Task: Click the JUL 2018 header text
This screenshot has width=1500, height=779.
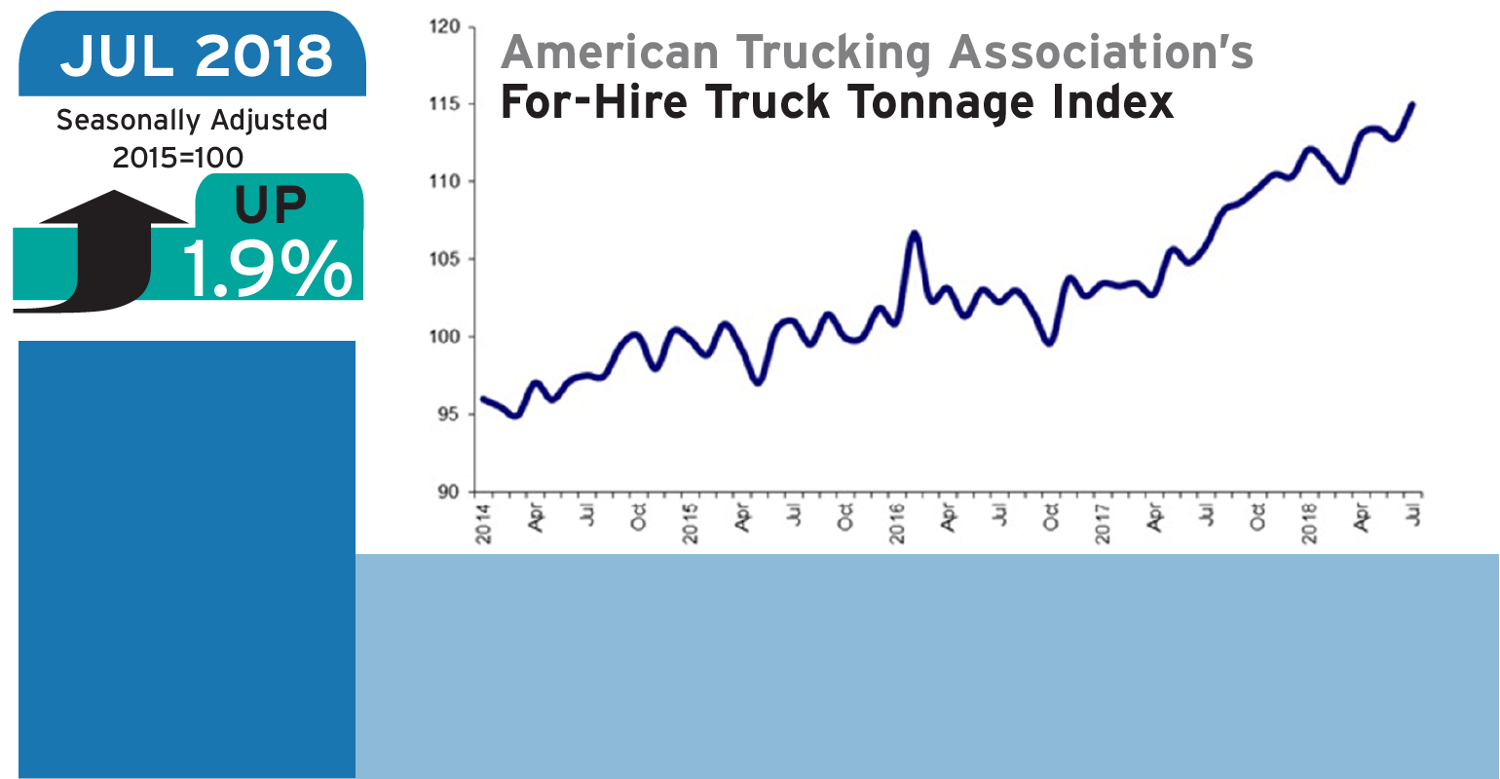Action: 196,56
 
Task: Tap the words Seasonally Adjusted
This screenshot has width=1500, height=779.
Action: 192,121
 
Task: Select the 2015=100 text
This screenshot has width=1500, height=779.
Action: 178,157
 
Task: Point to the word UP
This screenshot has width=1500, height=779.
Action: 270,205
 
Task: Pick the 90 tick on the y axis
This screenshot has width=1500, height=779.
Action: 448,493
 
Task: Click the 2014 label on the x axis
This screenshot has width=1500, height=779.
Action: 484,523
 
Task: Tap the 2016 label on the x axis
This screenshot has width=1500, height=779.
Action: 897,523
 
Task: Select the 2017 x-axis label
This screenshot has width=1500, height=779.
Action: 1104,523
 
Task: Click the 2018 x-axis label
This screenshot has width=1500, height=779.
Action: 1310,523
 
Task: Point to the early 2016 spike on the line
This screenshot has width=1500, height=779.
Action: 914,234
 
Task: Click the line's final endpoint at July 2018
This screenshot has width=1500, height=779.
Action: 1412,104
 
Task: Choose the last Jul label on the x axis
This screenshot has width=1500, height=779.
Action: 1414,515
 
